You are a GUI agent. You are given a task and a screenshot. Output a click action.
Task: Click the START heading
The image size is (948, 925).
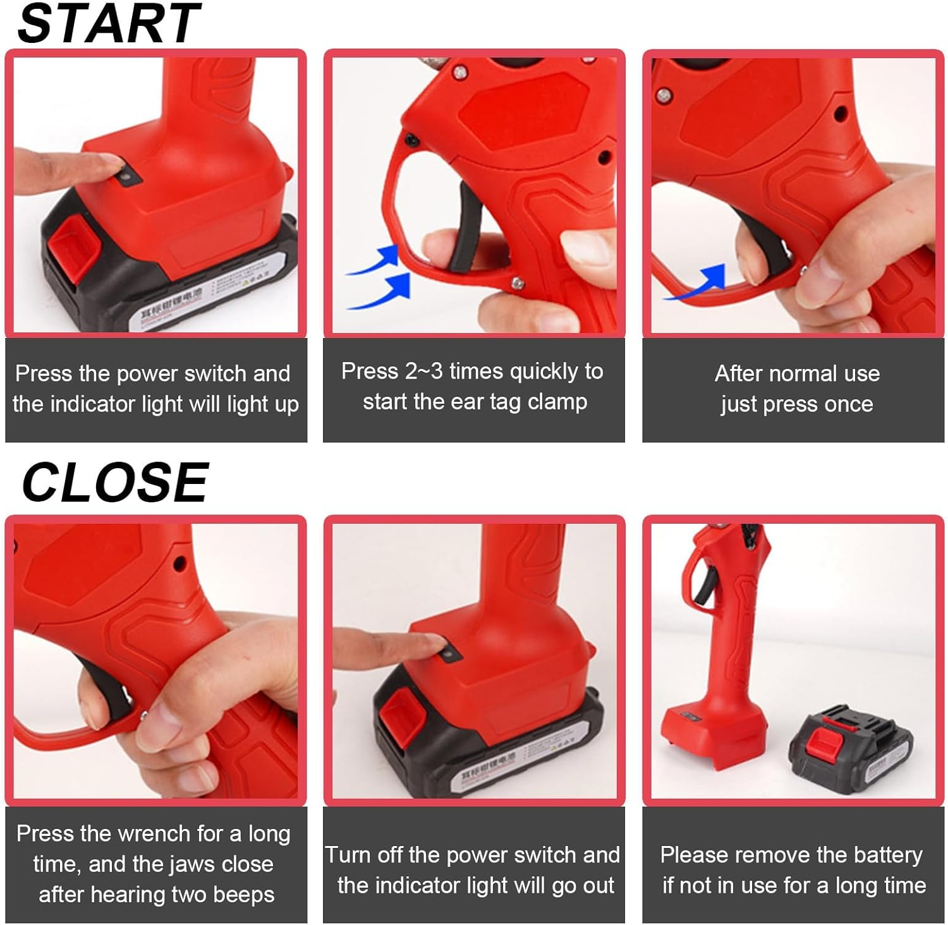pyautogui.click(x=109, y=23)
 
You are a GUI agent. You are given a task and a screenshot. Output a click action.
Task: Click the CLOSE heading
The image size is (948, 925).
pyautogui.click(x=114, y=482)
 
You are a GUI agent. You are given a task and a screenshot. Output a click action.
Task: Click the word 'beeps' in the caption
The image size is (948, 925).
pyautogui.click(x=244, y=895)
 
